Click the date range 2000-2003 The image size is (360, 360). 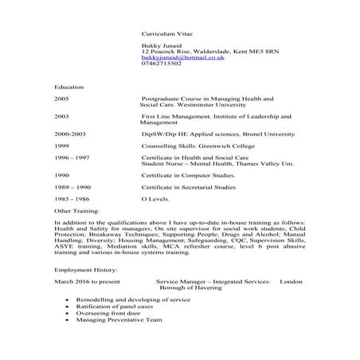pyautogui.click(x=70, y=136)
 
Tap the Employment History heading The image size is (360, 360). pyautogui.click(x=84, y=271)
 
